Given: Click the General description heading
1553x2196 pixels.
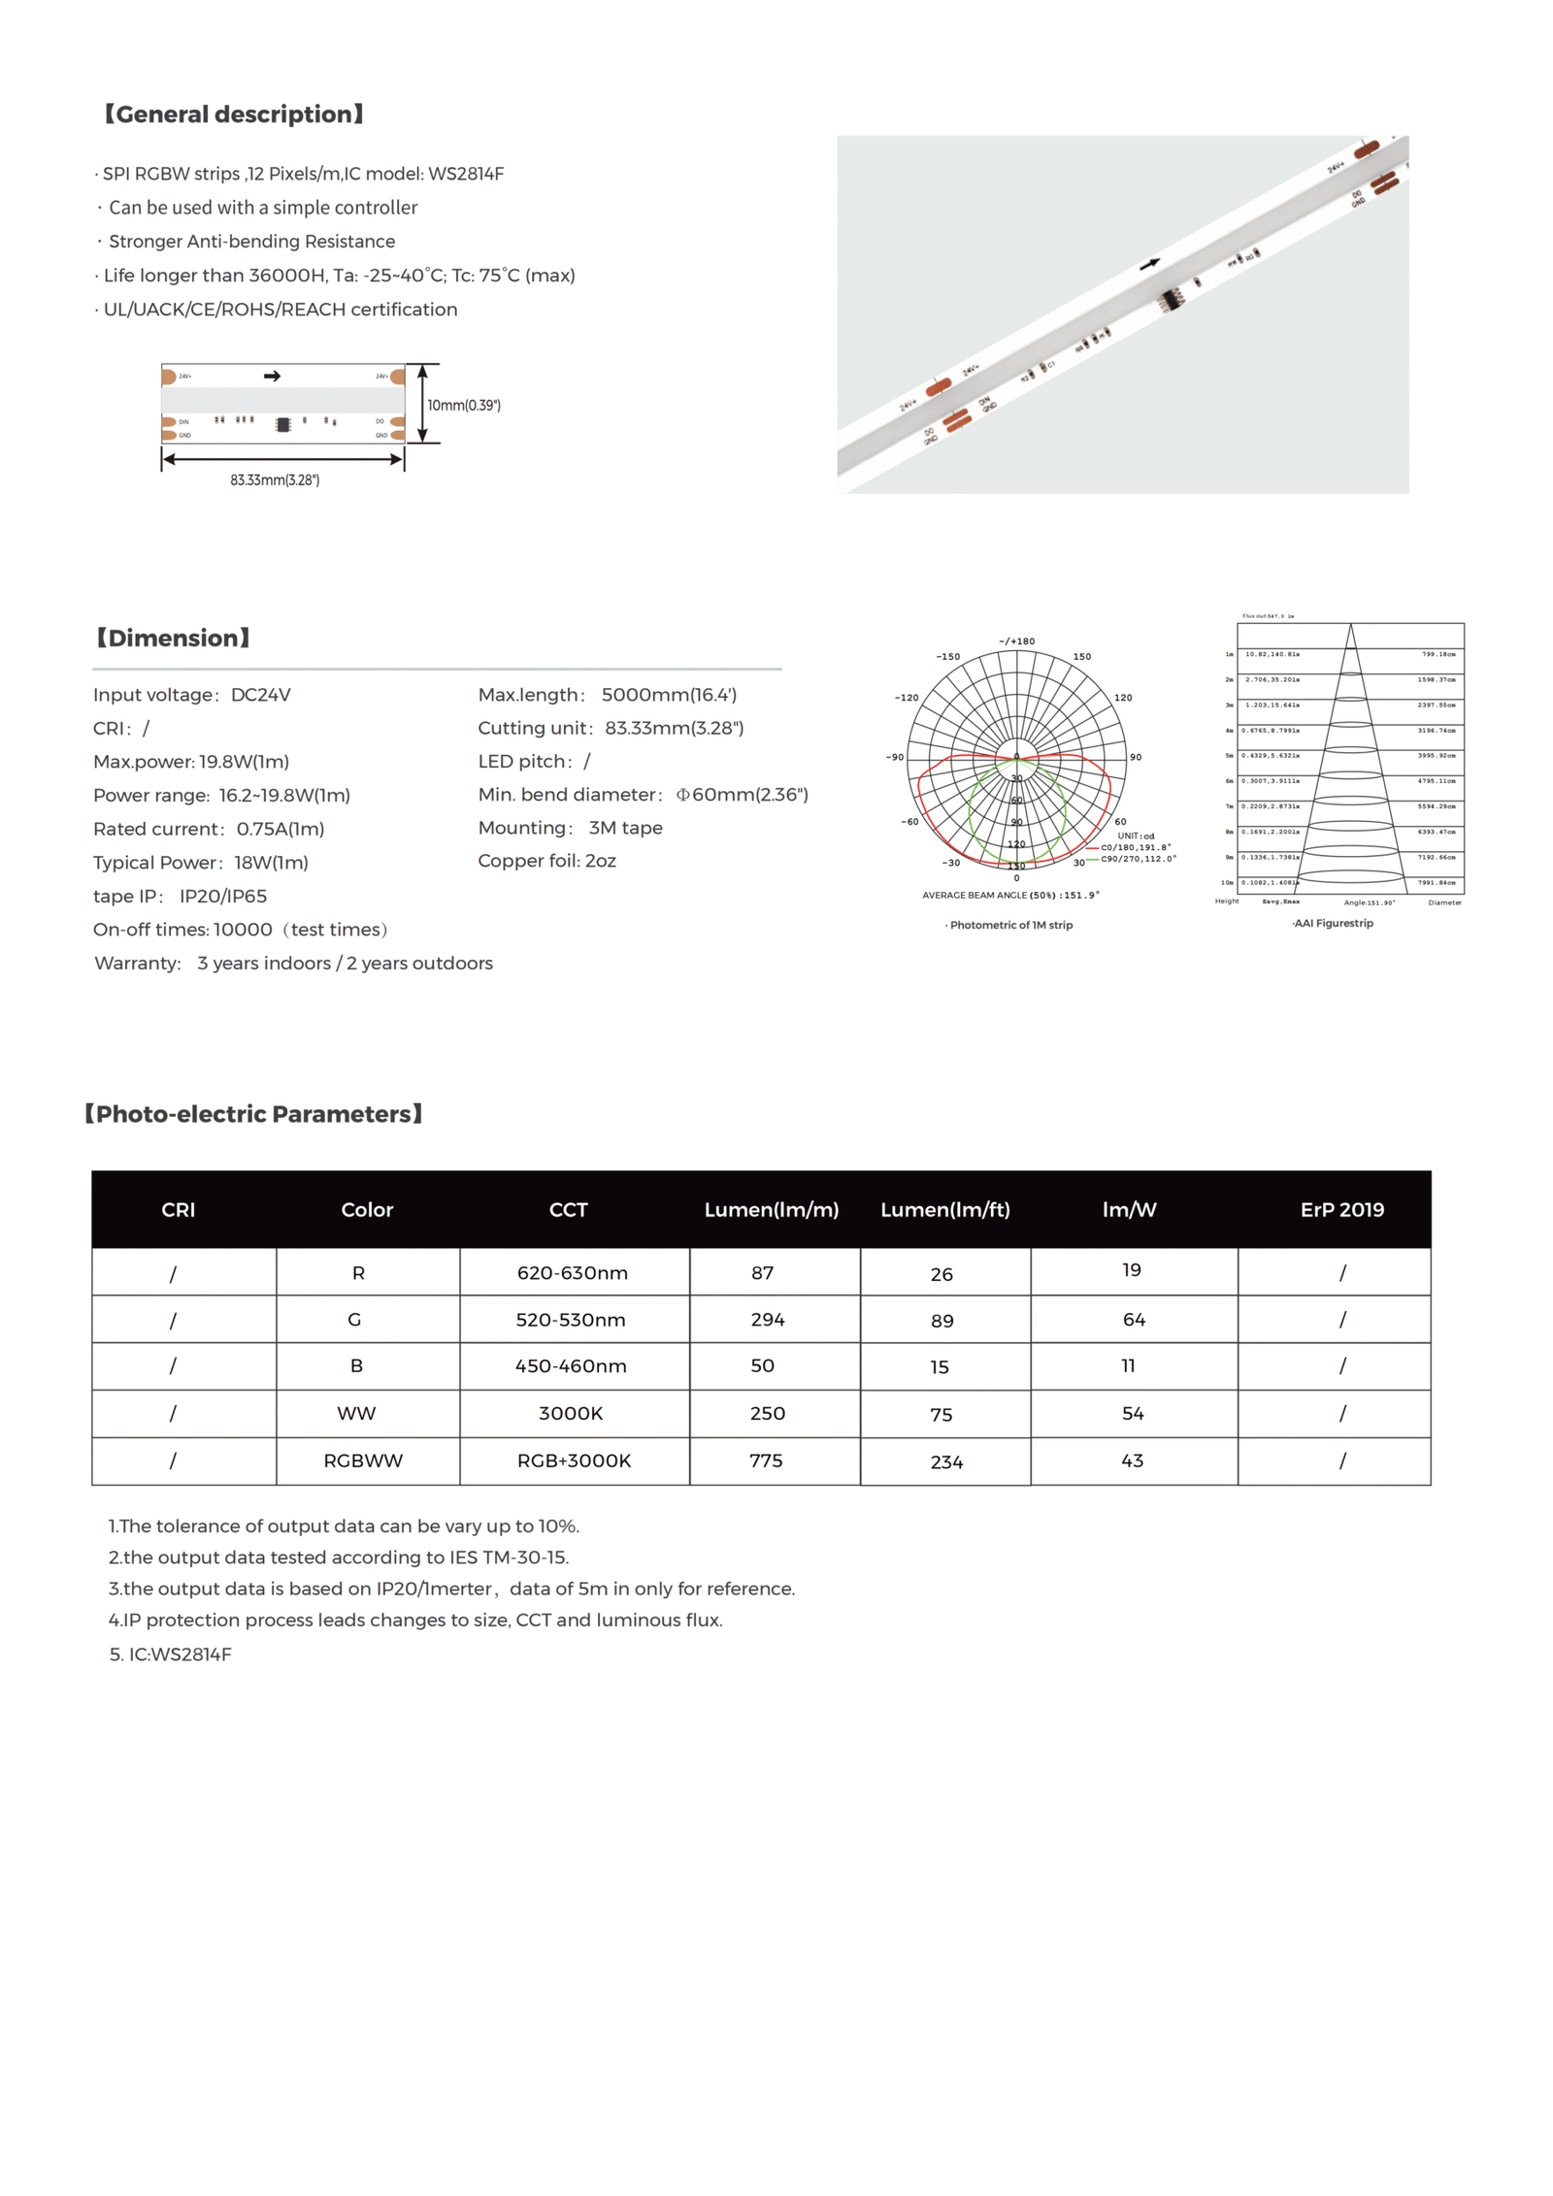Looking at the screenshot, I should coord(234,115).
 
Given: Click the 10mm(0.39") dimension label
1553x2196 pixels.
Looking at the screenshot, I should coord(464,405).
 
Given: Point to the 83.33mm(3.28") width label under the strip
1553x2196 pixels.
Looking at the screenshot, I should coord(275,479).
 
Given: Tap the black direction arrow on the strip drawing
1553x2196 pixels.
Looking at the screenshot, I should coord(272,376).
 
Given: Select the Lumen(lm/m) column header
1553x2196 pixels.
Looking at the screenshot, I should coord(771,1209).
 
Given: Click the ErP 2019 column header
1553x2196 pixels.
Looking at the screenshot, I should coord(1341,1209).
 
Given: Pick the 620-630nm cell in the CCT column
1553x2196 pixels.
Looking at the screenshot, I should coord(572,1272).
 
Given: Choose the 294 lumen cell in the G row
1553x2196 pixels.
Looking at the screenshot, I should coord(767,1319).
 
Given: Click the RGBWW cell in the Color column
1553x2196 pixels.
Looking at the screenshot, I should coord(363,1459).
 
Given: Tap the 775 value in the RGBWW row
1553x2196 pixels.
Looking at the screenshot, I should coord(766,1459).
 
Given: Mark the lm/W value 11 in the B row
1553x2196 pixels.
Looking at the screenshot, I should coord(1128,1365).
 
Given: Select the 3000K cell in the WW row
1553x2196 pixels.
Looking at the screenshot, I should coord(571,1413).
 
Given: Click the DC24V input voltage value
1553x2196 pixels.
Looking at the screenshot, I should coord(260,695).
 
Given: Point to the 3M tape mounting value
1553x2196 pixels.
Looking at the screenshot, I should coord(625,828).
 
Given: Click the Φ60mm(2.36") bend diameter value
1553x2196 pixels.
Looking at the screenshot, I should coord(742,794).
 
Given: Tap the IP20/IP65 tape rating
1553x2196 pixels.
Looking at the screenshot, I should coord(223,896).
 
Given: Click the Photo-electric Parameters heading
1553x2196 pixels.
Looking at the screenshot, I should coord(253,1114).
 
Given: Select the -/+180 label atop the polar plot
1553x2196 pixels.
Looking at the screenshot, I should coord(1016,641).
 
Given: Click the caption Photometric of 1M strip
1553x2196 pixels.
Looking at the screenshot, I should coord(1010,925).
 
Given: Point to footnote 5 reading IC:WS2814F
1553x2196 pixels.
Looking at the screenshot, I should coord(171,1654).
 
